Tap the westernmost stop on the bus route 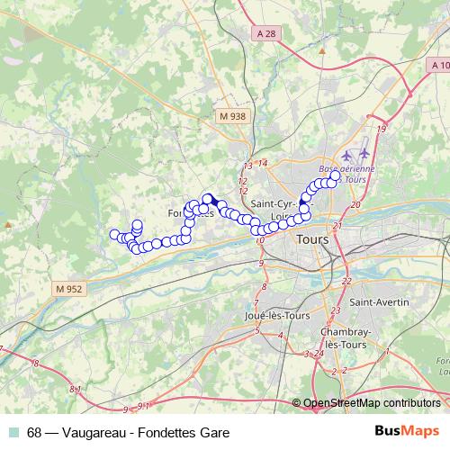tap(114, 235)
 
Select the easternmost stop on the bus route tap(337, 176)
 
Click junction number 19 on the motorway tap(382, 130)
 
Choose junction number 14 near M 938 tap(263, 163)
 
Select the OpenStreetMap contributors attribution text tap(371, 404)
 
